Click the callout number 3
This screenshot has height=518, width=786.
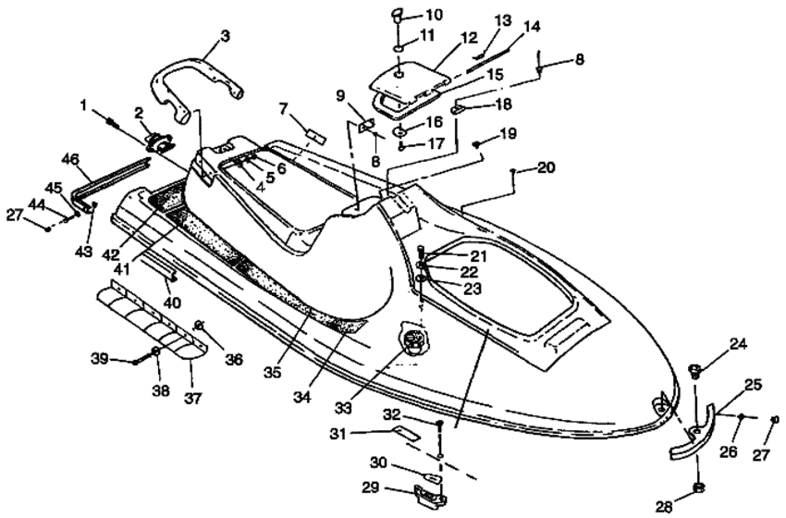(x=225, y=36)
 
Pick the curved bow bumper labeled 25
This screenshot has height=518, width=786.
(x=694, y=430)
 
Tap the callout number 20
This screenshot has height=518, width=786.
(x=546, y=167)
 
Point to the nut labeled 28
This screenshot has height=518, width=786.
(x=697, y=487)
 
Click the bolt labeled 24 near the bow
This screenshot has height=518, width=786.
(x=695, y=372)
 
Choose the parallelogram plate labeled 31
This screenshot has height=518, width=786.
(x=406, y=432)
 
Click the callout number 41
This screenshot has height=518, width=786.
(x=121, y=269)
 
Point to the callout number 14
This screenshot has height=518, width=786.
(x=532, y=26)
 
